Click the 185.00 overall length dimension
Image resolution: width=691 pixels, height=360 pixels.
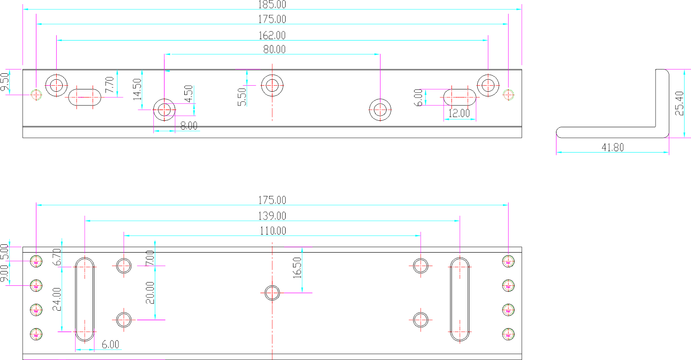point(272,5)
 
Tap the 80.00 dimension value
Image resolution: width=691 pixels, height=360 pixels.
point(274,49)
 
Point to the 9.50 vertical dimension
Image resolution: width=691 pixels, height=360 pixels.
point(5,83)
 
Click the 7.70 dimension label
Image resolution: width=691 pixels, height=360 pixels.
point(109,85)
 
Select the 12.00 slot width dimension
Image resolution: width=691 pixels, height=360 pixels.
point(459,113)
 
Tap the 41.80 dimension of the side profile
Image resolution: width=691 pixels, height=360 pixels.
point(613,148)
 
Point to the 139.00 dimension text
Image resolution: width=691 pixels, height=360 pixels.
point(272,216)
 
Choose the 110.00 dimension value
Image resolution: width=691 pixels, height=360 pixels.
point(272,230)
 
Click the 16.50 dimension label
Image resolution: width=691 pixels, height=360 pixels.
point(297,268)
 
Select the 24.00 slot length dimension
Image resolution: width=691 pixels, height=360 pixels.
point(57,299)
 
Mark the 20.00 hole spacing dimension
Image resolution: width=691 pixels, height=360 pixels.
point(150,292)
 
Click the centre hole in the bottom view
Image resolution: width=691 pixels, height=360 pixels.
point(272,292)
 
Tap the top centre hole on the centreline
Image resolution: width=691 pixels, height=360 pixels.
point(272,85)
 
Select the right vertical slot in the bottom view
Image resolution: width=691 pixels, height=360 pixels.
point(460,299)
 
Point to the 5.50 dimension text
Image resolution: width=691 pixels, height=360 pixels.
point(242,97)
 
